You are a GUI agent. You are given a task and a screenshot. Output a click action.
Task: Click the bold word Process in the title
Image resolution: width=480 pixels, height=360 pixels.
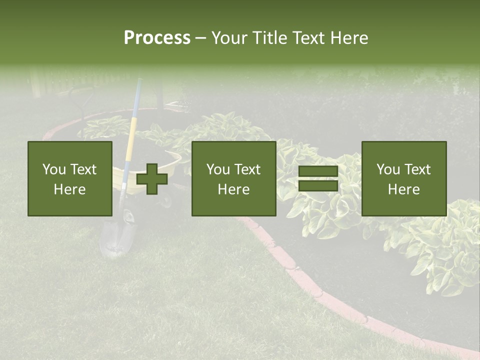coord(157,37)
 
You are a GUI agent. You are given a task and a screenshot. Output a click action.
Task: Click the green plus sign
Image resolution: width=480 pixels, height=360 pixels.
coord(152,179)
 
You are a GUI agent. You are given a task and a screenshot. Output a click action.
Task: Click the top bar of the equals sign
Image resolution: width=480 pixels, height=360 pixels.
coord(318,171)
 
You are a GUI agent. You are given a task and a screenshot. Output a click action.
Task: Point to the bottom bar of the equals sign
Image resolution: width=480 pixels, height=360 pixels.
coord(318,186)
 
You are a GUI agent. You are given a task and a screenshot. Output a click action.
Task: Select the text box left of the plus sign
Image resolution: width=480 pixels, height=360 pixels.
coord(69,178)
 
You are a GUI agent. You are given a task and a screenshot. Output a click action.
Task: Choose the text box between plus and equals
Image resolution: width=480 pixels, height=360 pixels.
coord(233,178)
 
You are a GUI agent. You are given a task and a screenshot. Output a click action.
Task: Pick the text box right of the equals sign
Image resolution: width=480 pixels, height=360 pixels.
coord(403,178)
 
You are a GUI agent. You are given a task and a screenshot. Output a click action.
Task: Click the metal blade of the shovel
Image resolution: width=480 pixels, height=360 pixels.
coord(118,235)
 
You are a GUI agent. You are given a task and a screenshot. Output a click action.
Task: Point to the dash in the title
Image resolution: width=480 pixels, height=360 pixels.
coord(200,38)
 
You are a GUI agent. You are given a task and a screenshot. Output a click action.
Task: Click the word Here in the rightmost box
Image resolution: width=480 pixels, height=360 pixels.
coord(403,189)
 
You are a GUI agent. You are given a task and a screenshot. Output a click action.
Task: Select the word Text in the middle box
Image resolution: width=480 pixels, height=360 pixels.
coord(248,169)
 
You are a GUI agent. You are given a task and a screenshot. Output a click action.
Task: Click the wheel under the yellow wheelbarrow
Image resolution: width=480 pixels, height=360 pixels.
coord(166,200)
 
